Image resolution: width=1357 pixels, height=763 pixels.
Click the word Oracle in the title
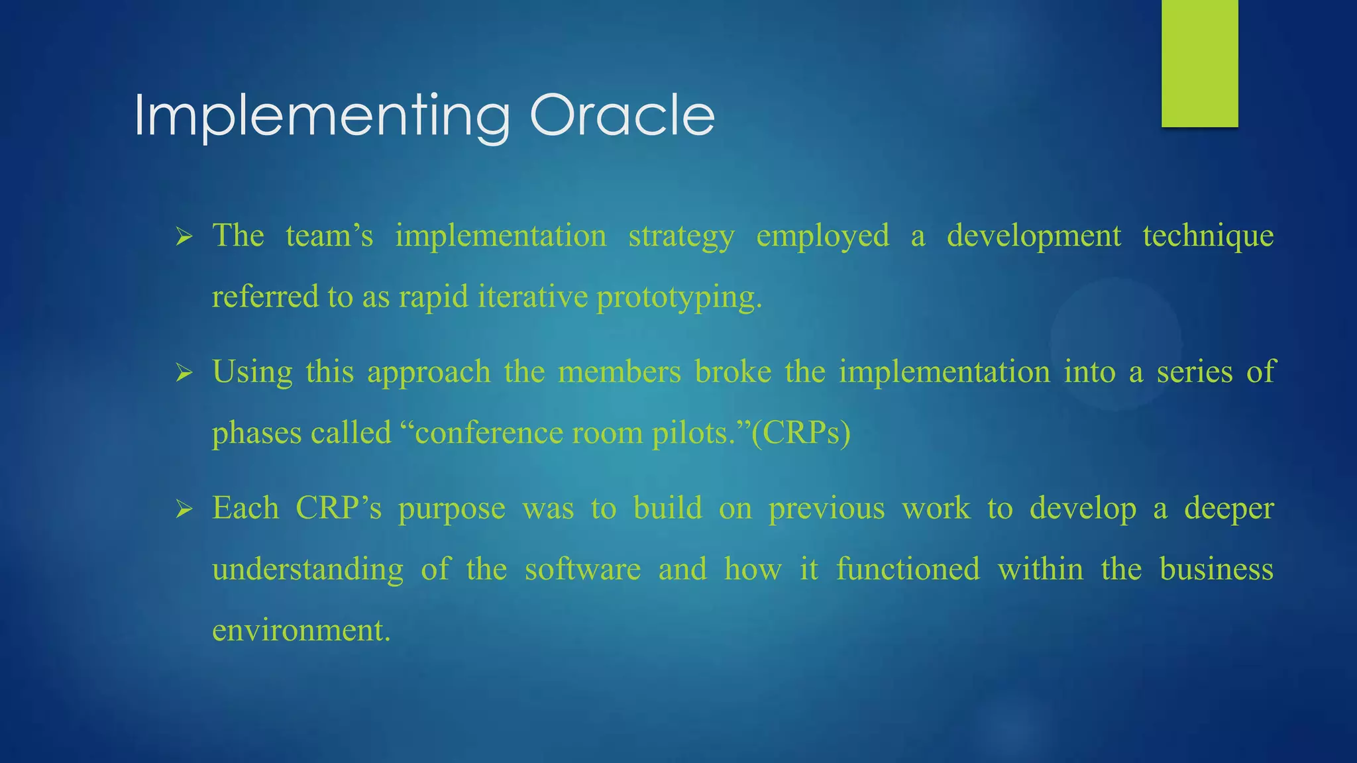pos(622,116)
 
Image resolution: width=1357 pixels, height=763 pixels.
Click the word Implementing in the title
pos(322,118)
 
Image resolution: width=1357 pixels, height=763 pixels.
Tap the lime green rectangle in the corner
pos(1199,63)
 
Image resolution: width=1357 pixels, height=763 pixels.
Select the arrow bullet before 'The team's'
pos(184,237)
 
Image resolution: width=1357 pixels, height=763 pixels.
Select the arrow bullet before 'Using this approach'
pos(184,374)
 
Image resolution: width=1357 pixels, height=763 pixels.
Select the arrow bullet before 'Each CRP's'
pos(184,510)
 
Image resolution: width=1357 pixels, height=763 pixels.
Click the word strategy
pos(681,237)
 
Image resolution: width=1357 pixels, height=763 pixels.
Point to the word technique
pos(1208,237)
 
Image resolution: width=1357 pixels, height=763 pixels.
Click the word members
pos(619,372)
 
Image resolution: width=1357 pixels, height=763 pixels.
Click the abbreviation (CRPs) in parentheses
pos(801,434)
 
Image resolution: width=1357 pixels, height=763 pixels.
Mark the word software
pos(582,570)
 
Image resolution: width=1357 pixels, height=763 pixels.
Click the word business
pos(1216,570)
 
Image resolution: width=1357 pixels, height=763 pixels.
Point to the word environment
pos(301,631)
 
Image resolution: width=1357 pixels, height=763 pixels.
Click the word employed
pos(822,237)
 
